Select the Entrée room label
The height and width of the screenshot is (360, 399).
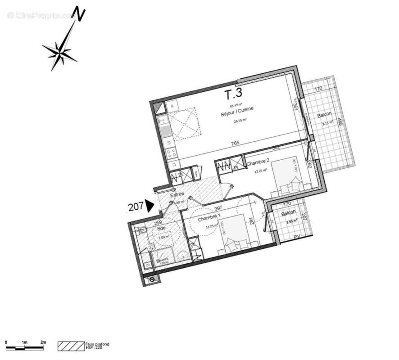(177, 194)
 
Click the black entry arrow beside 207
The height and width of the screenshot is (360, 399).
(150, 206)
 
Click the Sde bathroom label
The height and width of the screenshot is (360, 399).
(160, 229)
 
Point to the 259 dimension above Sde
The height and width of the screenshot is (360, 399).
(158, 222)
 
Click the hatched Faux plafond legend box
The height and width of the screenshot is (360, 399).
(71, 346)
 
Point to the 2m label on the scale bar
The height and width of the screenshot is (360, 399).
(43, 343)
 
